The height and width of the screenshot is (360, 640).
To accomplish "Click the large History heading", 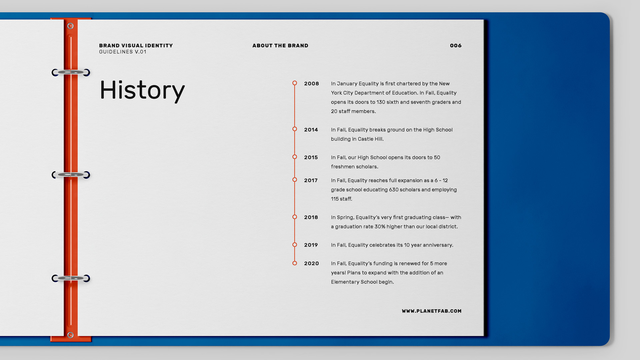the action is tap(142, 90).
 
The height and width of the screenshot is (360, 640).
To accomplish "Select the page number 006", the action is tap(456, 46).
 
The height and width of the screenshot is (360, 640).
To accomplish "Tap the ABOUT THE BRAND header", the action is tap(280, 46).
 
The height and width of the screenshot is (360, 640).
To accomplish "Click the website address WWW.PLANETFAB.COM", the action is tap(432, 311).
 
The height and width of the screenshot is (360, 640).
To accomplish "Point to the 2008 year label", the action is tap(311, 84).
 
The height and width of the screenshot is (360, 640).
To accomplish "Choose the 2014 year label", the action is tap(311, 130).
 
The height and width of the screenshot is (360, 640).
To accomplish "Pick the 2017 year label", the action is tap(311, 180).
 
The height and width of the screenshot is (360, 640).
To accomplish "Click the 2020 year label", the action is tap(311, 263).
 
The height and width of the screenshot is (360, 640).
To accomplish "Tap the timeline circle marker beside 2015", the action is tap(295, 157).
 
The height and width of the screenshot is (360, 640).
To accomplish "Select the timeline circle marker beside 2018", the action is tap(295, 217).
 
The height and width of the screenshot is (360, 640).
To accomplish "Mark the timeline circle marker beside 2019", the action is tap(295, 245).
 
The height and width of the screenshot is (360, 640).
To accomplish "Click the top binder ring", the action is tap(71, 72).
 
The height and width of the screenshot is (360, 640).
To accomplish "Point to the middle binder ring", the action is tap(71, 175).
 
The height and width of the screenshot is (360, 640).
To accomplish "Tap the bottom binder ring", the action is tap(71, 278).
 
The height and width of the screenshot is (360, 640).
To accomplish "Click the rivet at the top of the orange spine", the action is tap(70, 26).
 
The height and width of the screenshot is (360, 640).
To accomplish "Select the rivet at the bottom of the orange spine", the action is tap(70, 335).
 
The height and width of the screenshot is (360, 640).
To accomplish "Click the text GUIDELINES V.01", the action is tap(123, 52).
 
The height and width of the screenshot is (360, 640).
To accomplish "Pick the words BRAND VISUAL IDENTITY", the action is tap(136, 46).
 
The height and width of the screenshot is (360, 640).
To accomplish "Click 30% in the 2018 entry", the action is tap(380, 227).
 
